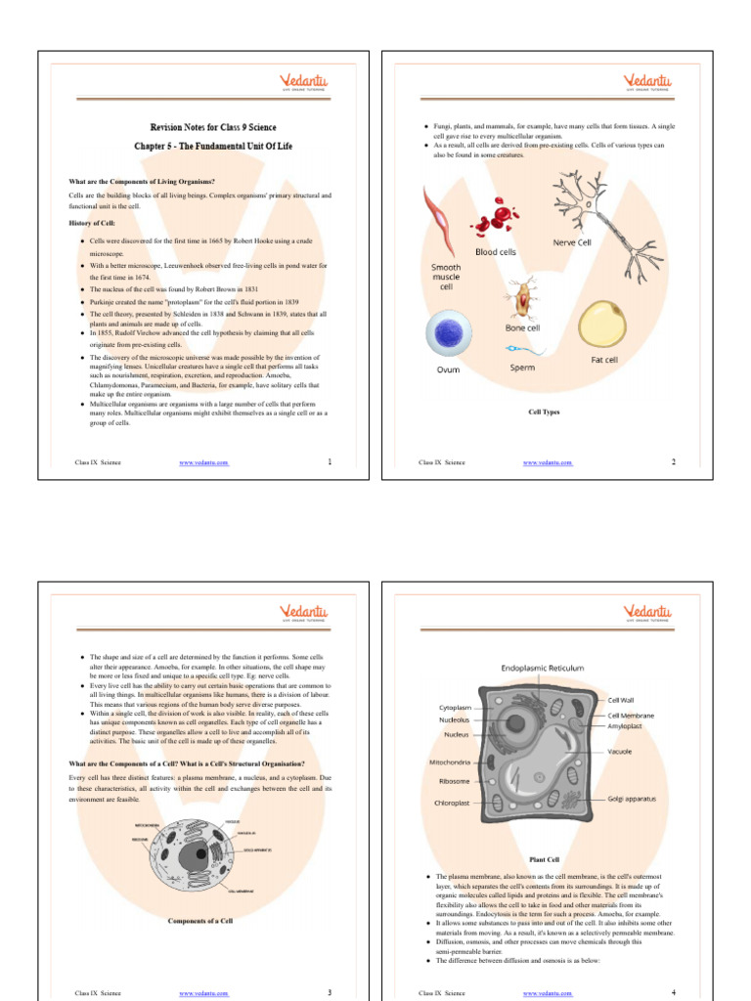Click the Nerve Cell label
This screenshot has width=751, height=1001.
click(x=572, y=241)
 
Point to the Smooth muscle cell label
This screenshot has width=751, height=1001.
click(x=446, y=277)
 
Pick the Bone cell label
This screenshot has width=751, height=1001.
click(x=522, y=327)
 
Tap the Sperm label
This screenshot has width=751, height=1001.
click(x=522, y=368)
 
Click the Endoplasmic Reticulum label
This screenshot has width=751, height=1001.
click(x=543, y=669)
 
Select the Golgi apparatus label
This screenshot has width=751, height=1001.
click(x=632, y=799)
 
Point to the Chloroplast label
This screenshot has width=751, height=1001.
click(x=452, y=803)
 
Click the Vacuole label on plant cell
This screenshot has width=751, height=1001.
click(x=619, y=752)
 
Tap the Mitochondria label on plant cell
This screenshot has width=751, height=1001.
click(x=450, y=762)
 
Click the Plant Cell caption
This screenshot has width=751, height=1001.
click(x=544, y=859)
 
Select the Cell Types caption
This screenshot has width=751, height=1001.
click(x=544, y=413)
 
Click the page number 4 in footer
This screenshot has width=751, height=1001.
click(x=674, y=992)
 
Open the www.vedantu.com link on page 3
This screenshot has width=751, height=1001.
click(x=203, y=993)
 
